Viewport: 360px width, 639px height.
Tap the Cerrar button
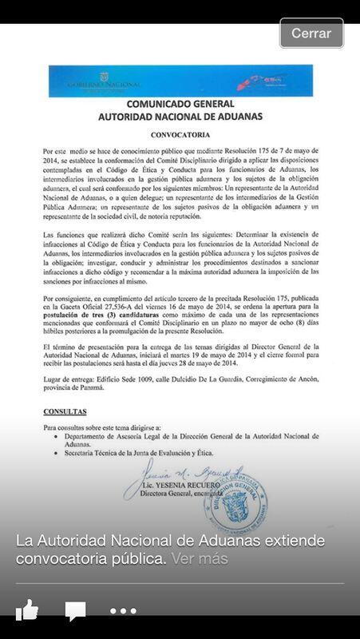tap(311, 34)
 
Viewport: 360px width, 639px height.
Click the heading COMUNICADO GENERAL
tap(180, 105)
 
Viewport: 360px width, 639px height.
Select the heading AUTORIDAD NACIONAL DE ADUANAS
tap(180, 117)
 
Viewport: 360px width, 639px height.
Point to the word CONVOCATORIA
tap(180, 134)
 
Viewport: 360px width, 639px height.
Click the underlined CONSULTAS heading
tap(65, 411)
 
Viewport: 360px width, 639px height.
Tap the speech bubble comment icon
tap(75, 611)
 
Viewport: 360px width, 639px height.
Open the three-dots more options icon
tap(123, 611)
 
